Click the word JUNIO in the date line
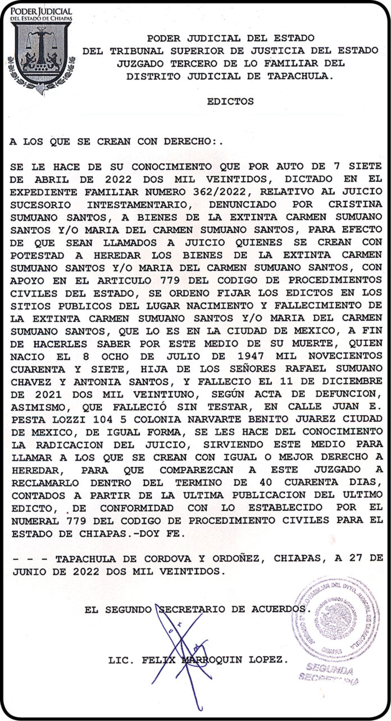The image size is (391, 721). click(28, 572)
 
